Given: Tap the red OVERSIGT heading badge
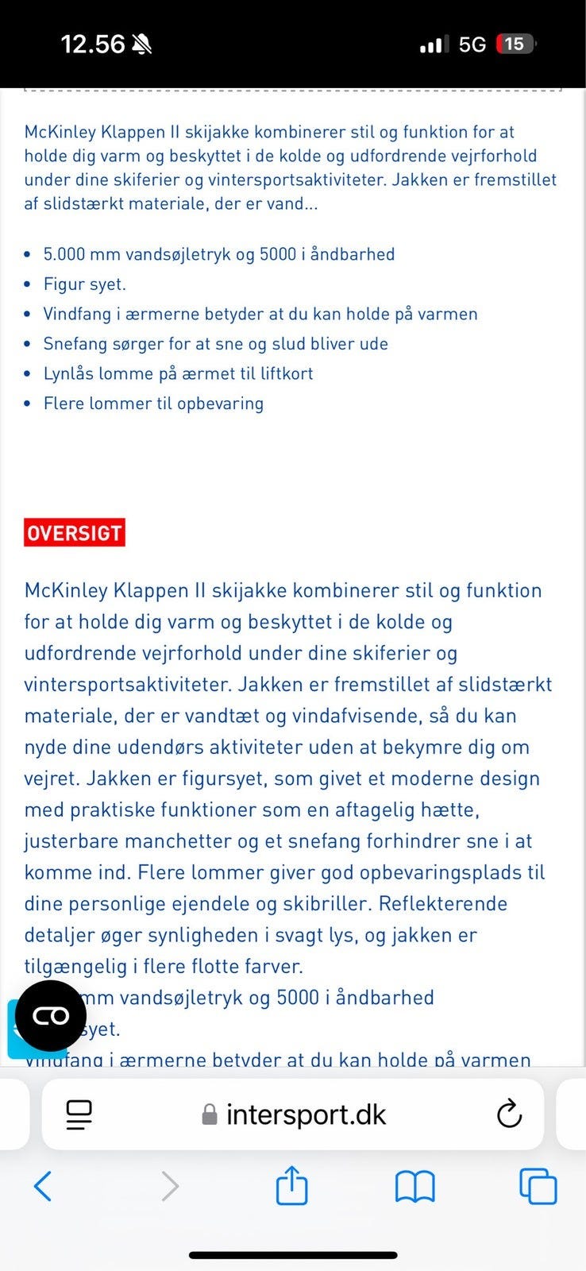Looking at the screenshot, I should pyautogui.click(x=75, y=532).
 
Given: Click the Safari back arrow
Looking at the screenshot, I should pyautogui.click(x=44, y=1187).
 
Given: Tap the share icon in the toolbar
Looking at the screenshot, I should pyautogui.click(x=291, y=1185).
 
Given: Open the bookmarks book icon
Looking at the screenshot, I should pyautogui.click(x=414, y=1187).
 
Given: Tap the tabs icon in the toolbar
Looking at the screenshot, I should pyautogui.click(x=538, y=1187).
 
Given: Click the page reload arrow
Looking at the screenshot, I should pyautogui.click(x=509, y=1114).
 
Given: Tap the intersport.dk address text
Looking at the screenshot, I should pyautogui.click(x=306, y=1115).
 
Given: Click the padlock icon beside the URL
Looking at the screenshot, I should pyautogui.click(x=210, y=1115).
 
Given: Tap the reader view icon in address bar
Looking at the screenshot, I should pyautogui.click(x=79, y=1115).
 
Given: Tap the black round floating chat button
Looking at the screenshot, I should pyautogui.click(x=51, y=1016).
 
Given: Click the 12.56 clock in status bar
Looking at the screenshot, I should pyautogui.click(x=93, y=44).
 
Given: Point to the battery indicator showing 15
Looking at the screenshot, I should pyautogui.click(x=515, y=44).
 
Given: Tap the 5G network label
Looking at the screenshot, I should pyautogui.click(x=472, y=44).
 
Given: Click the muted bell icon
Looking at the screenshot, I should pyautogui.click(x=143, y=44).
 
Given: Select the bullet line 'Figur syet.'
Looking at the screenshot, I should pyautogui.click(x=84, y=284).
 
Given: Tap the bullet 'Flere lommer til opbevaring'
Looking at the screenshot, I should pyautogui.click(x=153, y=404).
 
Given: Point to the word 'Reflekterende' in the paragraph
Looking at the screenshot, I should pyautogui.click(x=443, y=904).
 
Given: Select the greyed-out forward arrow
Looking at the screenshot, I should pyautogui.click(x=169, y=1187).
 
